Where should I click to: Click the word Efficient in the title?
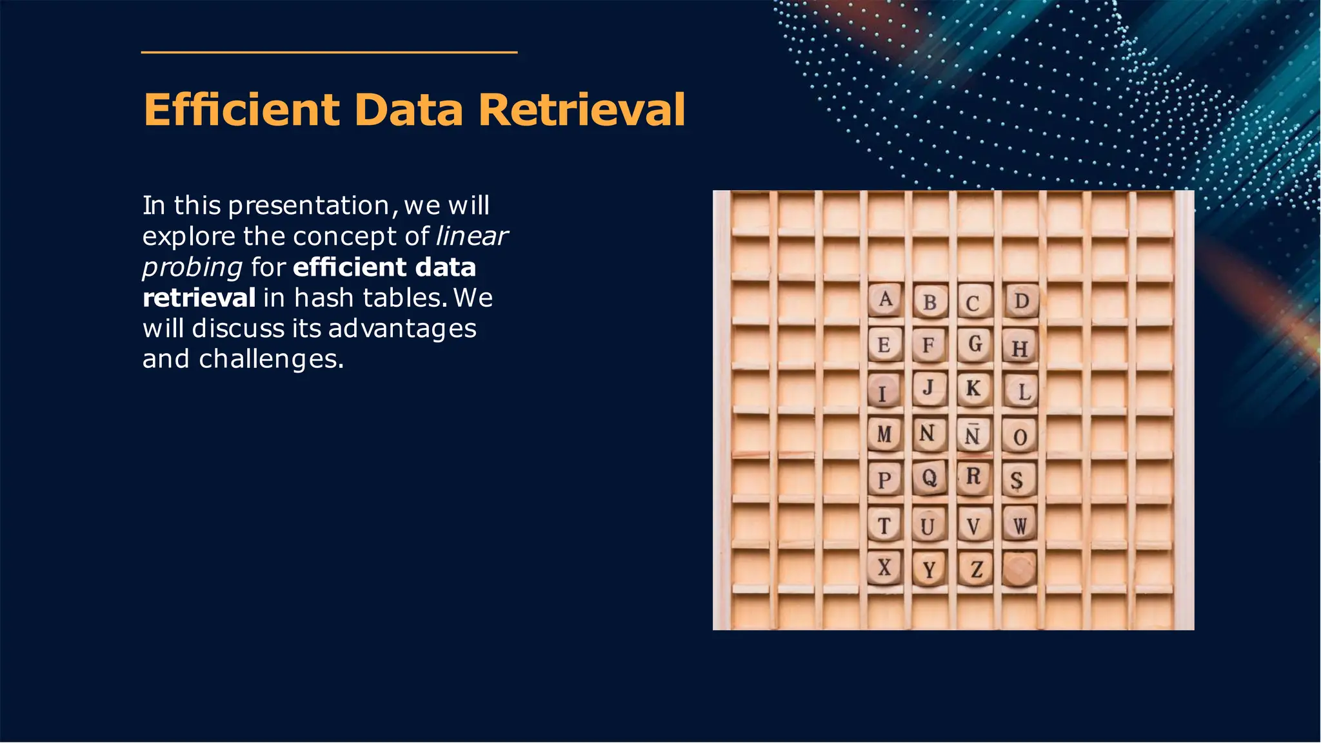point(241,110)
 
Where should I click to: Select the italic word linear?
point(472,236)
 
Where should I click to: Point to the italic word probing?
point(192,267)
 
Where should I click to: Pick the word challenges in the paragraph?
point(271,359)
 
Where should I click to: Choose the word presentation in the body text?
point(309,206)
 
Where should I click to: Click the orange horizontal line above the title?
point(329,52)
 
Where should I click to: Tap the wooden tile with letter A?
point(885,300)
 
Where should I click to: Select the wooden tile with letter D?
point(1021,301)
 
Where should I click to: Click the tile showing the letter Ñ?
point(973,436)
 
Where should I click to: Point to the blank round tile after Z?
point(1019,569)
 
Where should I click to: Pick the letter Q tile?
point(929,478)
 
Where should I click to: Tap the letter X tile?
point(884,568)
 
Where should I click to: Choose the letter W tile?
point(1019,525)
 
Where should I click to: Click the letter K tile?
point(973,389)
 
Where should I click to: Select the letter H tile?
point(1019,348)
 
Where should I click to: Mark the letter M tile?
point(884,434)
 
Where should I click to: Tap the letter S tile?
point(1017,480)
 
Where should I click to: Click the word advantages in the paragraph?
point(402,329)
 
